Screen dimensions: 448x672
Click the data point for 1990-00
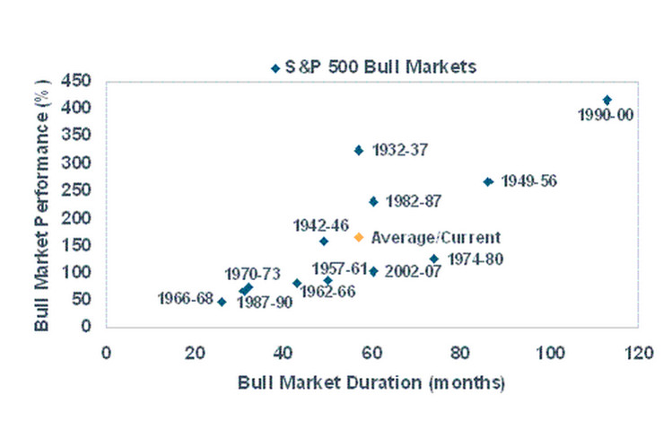click(607, 100)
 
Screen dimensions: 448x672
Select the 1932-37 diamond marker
click(359, 151)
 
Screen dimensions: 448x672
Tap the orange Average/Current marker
click(359, 237)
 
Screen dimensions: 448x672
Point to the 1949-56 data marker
click(488, 181)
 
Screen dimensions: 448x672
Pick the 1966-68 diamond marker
click(222, 302)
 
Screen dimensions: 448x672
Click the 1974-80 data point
click(434, 259)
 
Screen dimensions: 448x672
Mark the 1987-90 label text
click(265, 303)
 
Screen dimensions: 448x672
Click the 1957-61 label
click(339, 268)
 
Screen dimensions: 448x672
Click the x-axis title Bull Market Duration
click(371, 382)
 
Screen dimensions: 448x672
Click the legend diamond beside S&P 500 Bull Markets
click(275, 67)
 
